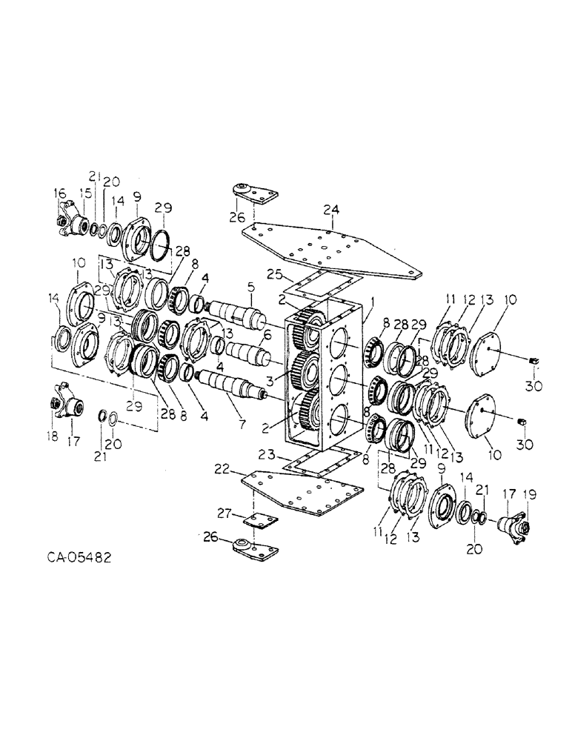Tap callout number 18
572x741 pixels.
click(51, 439)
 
